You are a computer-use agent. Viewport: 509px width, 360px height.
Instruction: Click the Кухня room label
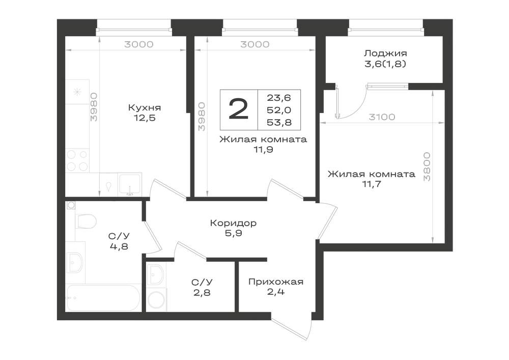click(x=145, y=107)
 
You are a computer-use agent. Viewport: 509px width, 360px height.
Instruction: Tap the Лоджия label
click(x=385, y=53)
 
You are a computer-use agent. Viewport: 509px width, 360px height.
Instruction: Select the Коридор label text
click(x=234, y=224)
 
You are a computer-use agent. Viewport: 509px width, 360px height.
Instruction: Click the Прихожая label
click(x=276, y=282)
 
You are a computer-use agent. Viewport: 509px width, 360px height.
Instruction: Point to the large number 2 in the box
click(x=239, y=109)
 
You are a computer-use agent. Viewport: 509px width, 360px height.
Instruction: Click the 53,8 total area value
click(x=279, y=122)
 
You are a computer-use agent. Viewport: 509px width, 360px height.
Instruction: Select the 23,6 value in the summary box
click(x=279, y=97)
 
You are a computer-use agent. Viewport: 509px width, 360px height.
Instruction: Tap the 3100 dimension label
click(x=382, y=117)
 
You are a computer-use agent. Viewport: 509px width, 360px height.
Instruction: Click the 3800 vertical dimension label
click(x=427, y=166)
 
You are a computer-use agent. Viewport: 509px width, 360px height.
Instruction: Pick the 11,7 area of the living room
click(x=372, y=184)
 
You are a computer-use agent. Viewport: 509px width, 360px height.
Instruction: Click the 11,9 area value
click(x=264, y=150)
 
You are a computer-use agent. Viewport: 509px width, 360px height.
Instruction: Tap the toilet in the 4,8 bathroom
click(x=86, y=221)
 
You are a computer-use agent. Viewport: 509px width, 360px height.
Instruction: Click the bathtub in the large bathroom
click(x=103, y=298)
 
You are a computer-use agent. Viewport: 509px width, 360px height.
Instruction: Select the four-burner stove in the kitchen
click(x=77, y=160)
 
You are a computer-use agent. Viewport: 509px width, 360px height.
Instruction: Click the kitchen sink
click(x=130, y=184)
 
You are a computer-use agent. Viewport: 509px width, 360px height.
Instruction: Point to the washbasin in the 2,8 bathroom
click(x=156, y=274)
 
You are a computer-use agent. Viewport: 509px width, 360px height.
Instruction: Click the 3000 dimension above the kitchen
click(x=139, y=44)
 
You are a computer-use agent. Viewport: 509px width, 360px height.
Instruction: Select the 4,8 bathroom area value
click(x=119, y=246)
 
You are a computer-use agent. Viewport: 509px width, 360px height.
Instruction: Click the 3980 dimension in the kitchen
click(x=94, y=107)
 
